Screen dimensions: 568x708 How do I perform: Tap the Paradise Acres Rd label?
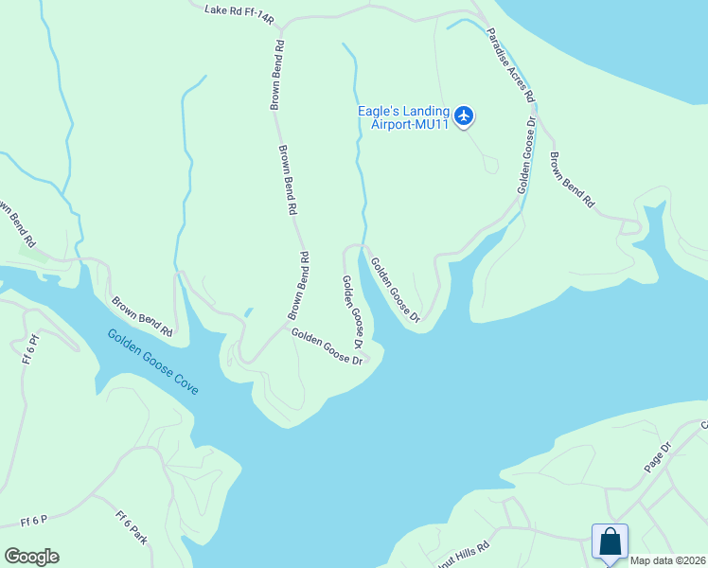click(x=511, y=64)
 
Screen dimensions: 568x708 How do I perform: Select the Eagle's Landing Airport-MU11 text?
click(x=403, y=117)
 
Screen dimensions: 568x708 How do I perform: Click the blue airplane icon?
click(x=463, y=116)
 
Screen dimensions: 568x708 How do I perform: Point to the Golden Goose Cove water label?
click(x=152, y=362)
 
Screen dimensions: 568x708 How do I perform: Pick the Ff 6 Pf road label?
click(x=32, y=349)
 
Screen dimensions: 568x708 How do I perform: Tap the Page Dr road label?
click(x=657, y=457)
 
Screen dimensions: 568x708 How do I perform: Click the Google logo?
click(x=31, y=557)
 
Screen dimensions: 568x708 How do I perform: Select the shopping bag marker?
click(x=610, y=542)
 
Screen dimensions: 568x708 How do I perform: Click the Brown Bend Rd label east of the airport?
click(x=572, y=180)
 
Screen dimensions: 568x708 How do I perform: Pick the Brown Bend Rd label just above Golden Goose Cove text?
click(x=142, y=318)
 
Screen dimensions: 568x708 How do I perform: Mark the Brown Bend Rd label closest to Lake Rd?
click(x=277, y=76)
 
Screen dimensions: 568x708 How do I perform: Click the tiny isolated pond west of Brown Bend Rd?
click(x=248, y=311)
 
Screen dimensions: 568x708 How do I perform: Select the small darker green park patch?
click(x=33, y=253)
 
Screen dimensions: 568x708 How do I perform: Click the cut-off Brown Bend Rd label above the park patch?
click(x=16, y=223)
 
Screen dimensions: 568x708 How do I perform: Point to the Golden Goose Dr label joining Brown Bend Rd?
click(x=327, y=346)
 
